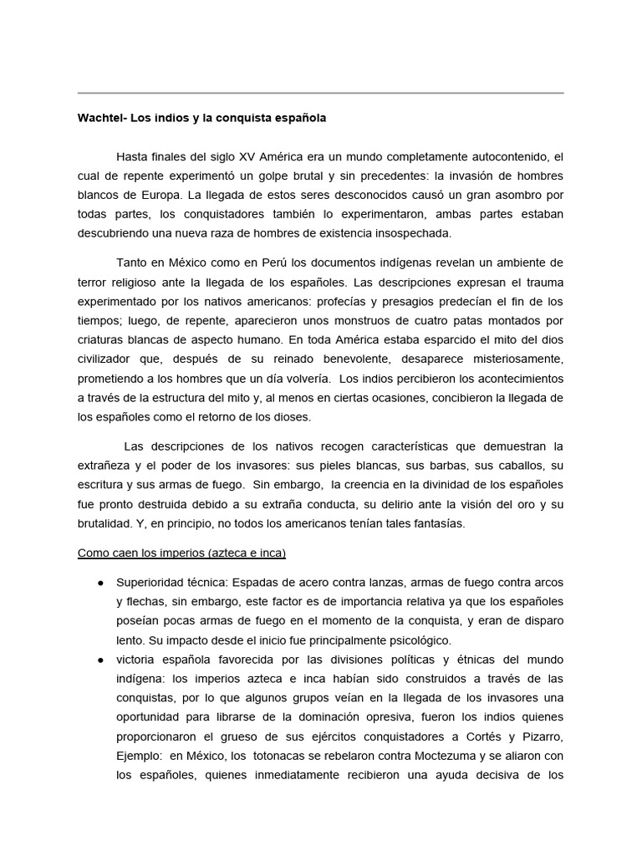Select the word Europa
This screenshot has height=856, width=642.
pyautogui.click(x=157, y=195)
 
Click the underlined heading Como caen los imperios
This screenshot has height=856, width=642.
pyautogui.click(x=181, y=553)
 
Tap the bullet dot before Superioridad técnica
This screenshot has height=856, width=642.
pyautogui.click(x=100, y=583)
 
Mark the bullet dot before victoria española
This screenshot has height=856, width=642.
pyautogui.click(x=100, y=660)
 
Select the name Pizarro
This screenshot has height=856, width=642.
pyautogui.click(x=540, y=736)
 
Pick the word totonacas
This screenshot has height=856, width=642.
pyautogui.click(x=281, y=756)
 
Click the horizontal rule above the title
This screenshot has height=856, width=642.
pyautogui.click(x=320, y=93)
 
